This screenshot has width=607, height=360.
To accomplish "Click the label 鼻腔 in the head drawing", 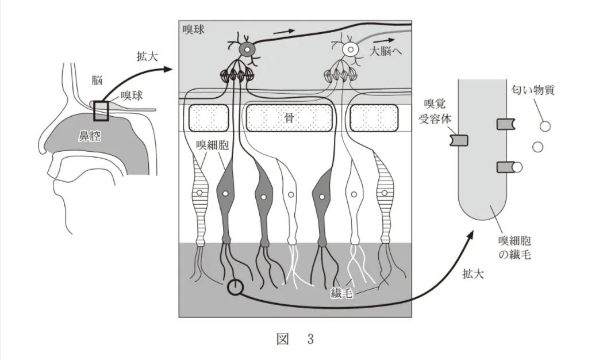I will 90,136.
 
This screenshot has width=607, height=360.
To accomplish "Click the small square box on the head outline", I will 101,110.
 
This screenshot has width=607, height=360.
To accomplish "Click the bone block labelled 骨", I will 289,117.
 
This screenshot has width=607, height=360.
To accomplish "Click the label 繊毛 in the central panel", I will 341,294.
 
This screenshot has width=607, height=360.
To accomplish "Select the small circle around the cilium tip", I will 235,286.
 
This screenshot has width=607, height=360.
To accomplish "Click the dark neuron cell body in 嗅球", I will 247,49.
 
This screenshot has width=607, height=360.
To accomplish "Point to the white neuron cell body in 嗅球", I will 349,50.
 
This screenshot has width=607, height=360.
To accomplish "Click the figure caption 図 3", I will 295,339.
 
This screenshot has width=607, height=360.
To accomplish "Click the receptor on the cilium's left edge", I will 459,140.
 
